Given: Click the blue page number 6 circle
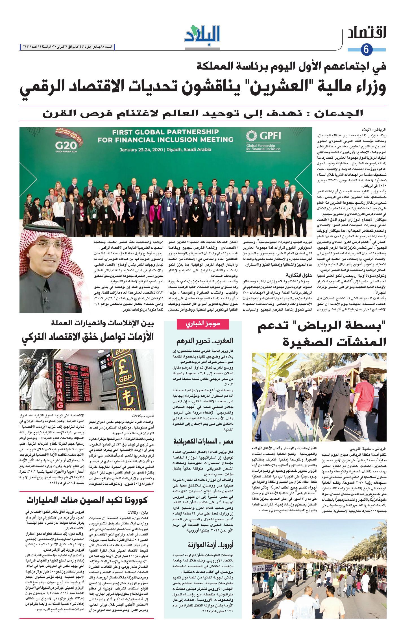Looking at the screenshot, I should (366, 50).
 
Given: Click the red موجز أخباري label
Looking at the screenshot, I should (202, 324).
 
